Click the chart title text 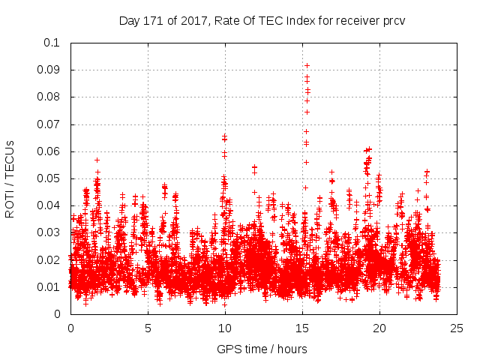coord(262,20)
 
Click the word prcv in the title coord(392,20)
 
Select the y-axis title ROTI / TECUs coord(10,178)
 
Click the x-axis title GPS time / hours coord(262,349)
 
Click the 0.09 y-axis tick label coord(49,70)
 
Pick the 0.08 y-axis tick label coord(49,97)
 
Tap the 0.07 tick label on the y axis coord(49,124)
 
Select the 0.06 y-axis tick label coord(49,151)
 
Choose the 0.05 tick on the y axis coord(49,178)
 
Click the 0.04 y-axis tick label coord(49,205)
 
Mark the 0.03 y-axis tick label coord(49,232)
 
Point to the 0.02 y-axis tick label coord(49,260)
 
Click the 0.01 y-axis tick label coord(49,287)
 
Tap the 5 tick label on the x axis coord(148,328)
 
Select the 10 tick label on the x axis coord(225,328)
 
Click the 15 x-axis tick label coord(302,328)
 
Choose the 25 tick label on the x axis coord(457,328)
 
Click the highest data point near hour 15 coord(307,65)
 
